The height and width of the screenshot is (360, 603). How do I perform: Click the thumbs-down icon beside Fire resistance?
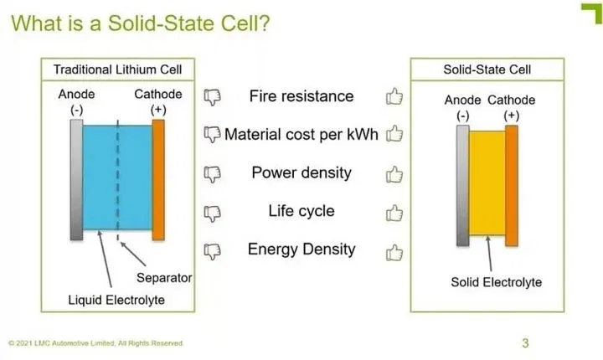tap(212, 97)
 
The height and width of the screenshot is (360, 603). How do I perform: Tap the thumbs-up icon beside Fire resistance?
tap(394, 96)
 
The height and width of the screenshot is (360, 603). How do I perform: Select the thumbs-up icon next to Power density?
tap(394, 174)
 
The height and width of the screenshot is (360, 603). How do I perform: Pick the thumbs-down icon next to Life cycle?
tap(212, 213)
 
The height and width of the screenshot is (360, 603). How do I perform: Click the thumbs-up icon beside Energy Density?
tap(394, 253)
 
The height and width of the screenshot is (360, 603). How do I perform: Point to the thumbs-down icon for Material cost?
tap(212, 134)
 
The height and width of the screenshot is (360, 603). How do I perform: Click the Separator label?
tap(164, 278)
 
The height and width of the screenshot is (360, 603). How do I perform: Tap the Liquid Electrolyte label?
tap(116, 300)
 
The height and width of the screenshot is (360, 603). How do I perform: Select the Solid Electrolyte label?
tap(497, 282)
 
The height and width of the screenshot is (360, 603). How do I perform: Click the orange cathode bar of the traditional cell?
tap(158, 180)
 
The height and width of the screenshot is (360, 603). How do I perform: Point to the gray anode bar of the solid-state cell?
tap(462, 185)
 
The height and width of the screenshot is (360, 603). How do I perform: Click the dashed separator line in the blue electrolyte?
tap(118, 180)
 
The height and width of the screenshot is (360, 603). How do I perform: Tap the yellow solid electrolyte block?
tap(487, 183)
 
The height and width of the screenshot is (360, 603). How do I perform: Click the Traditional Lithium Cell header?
tap(118, 69)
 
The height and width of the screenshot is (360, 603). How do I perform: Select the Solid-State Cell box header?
tap(487, 69)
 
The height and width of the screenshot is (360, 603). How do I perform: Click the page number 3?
tap(525, 342)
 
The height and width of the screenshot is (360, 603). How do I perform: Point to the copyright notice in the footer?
tap(95, 343)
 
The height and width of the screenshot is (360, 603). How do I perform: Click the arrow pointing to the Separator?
tap(133, 254)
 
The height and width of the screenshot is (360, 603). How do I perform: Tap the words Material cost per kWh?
tap(301, 135)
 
